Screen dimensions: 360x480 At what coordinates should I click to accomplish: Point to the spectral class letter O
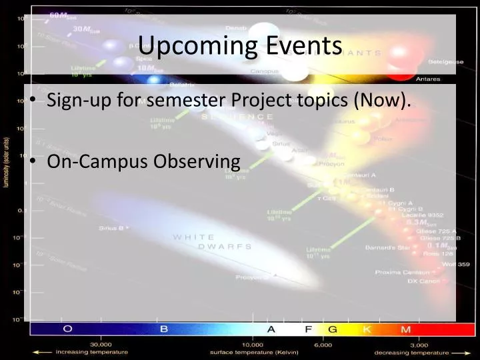coord(67,329)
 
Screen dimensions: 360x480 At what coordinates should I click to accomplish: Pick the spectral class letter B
coord(163,329)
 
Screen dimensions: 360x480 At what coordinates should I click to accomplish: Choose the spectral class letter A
coord(271,329)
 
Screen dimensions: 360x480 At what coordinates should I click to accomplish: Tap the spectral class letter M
coord(404,329)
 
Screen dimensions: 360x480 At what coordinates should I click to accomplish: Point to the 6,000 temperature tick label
coord(323,344)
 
